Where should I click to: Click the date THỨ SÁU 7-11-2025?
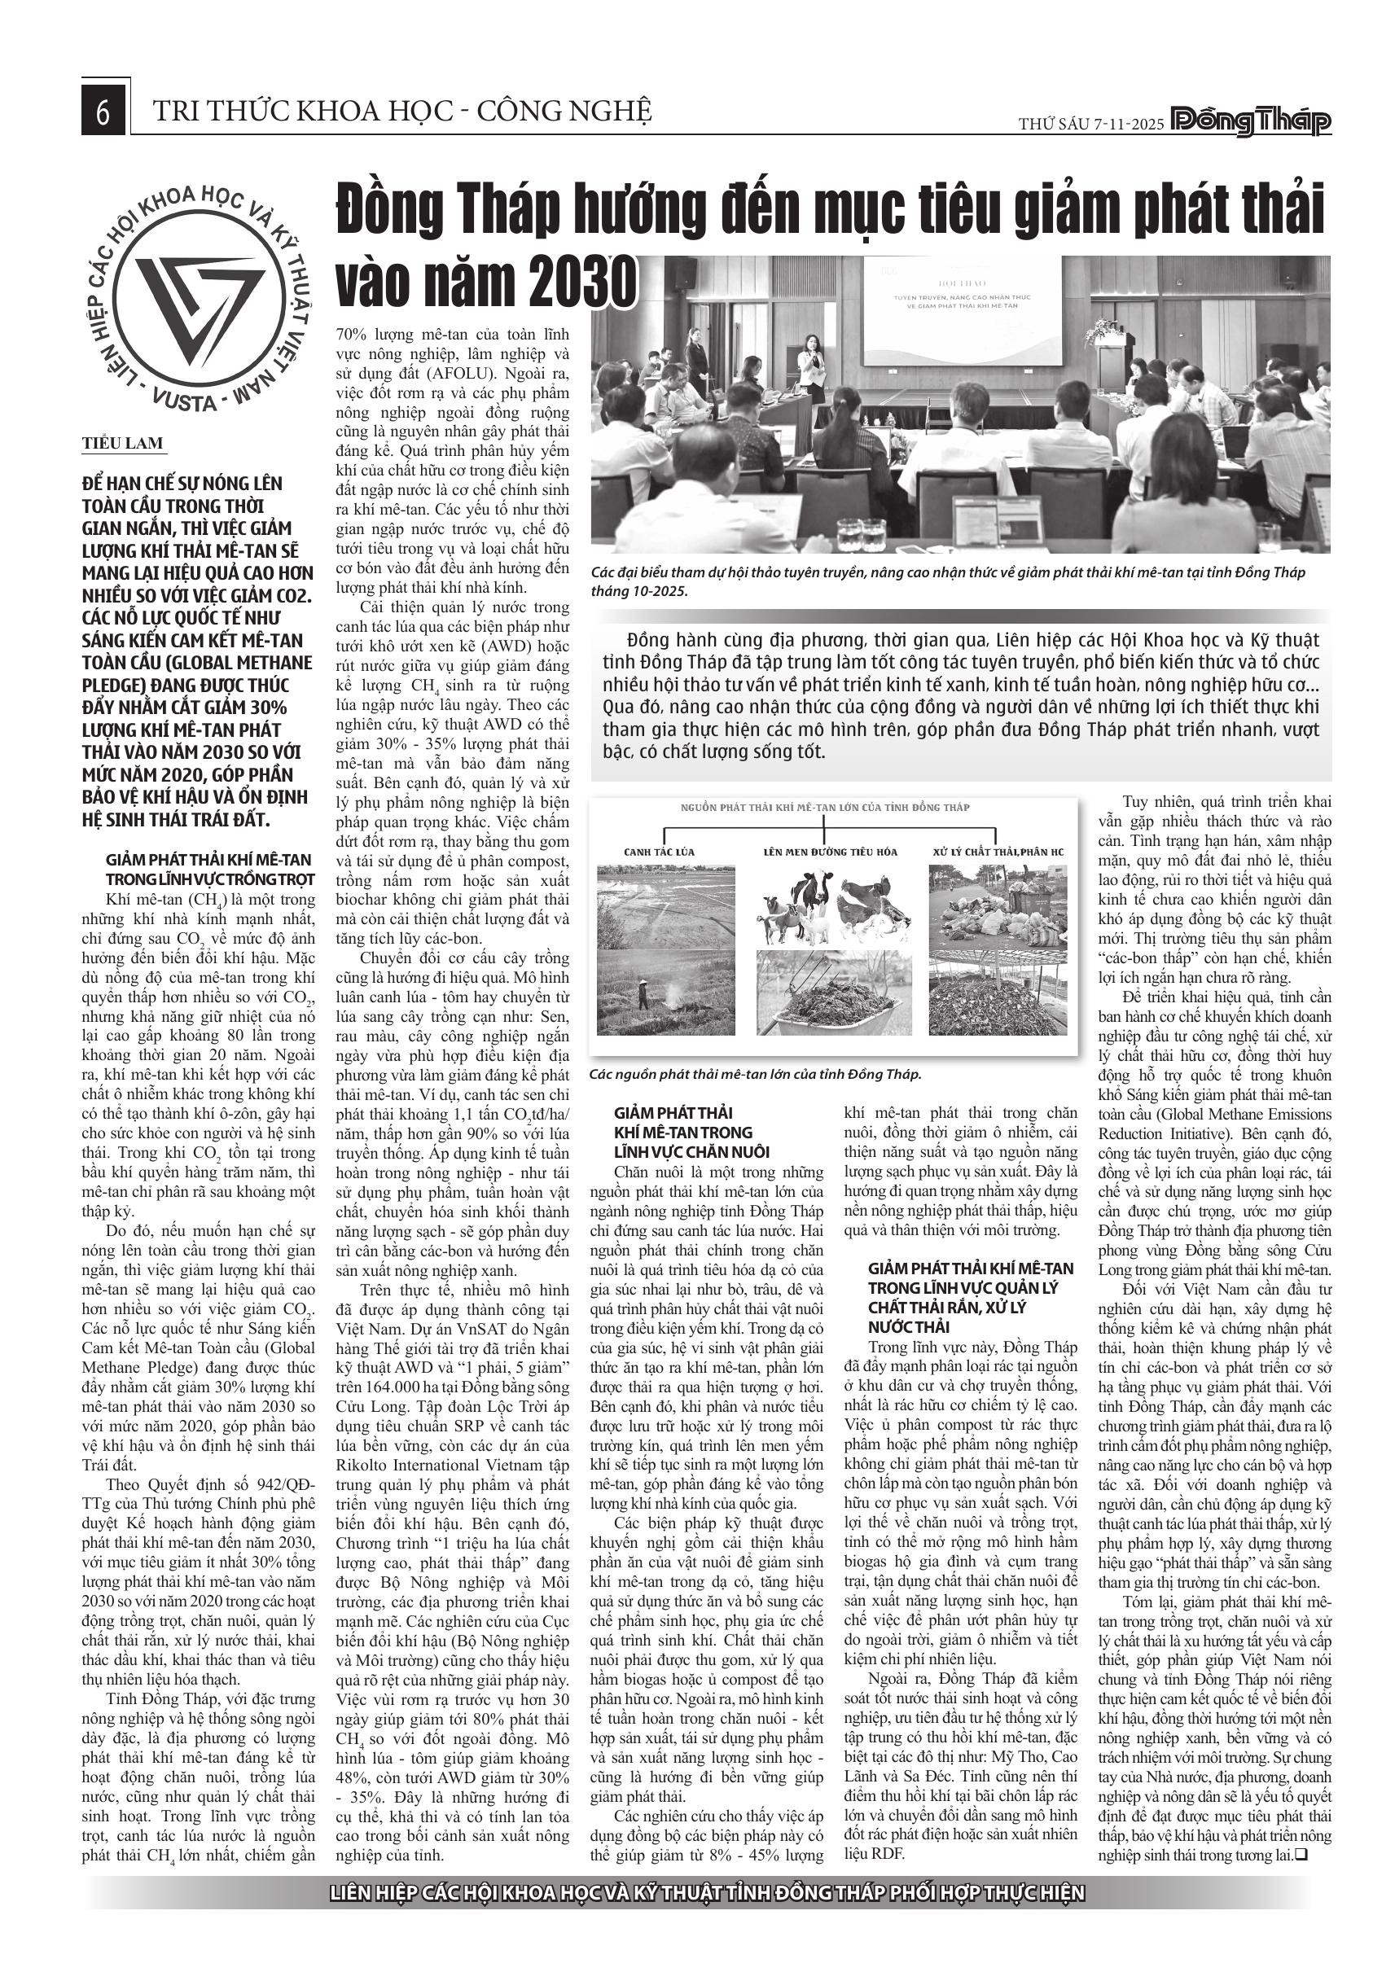click(1091, 124)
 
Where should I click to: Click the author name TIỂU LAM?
click(122, 443)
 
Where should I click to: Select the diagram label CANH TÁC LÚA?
click(659, 852)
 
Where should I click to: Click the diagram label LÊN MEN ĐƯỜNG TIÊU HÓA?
click(830, 852)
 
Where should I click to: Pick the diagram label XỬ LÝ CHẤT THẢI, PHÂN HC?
click(998, 852)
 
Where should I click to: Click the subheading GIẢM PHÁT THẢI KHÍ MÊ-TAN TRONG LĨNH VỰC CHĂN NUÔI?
click(691, 1133)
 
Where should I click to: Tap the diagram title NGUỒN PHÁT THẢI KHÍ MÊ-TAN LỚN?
click(825, 808)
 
